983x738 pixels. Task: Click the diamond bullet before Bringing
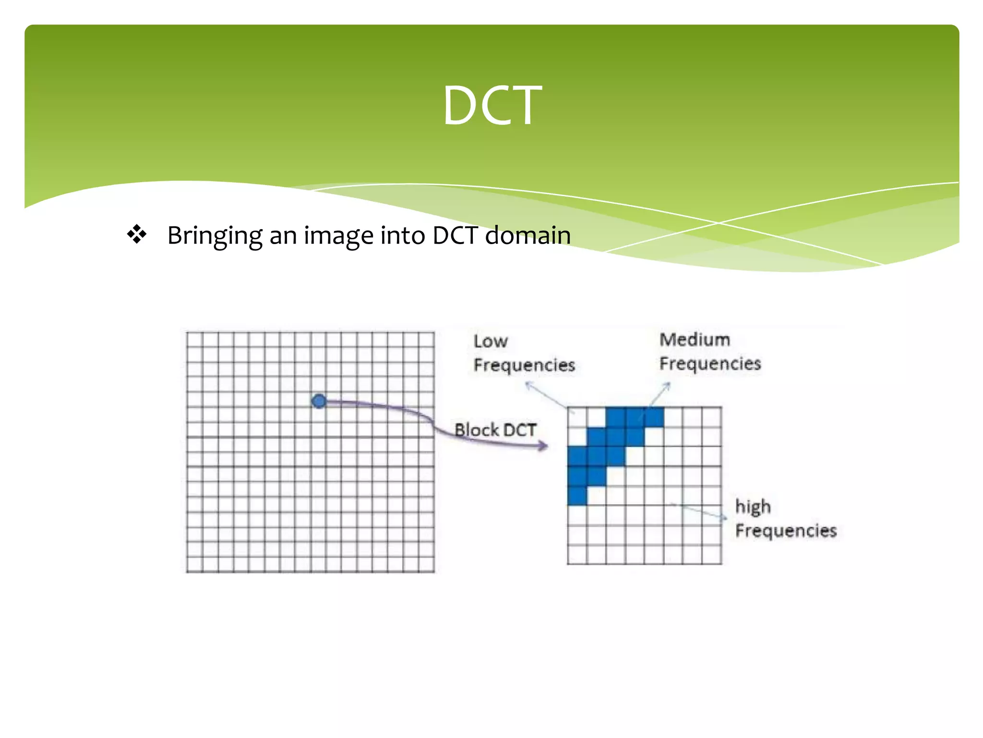tap(137, 234)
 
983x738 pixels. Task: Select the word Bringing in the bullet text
tap(214, 235)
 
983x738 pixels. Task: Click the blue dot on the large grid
tap(319, 401)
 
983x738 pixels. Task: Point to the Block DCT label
tap(495, 430)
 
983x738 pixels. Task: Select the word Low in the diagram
tap(490, 341)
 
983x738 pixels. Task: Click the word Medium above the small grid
tap(695, 340)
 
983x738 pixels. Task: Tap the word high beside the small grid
tap(753, 507)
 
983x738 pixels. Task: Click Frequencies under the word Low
tap(524, 365)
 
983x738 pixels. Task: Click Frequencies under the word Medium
tap(710, 364)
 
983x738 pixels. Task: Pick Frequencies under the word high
tap(786, 530)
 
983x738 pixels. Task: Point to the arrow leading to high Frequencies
tap(698, 510)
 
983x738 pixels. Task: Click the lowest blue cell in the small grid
tap(577, 495)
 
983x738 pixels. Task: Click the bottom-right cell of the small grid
tap(711, 554)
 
